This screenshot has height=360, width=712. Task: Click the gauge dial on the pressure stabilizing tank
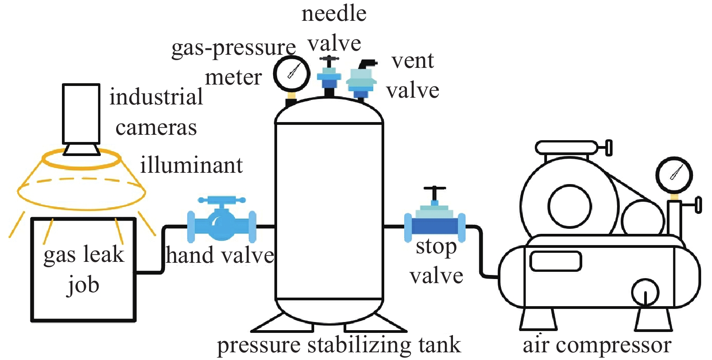(x=292, y=74)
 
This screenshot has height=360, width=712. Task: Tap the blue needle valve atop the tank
(x=329, y=77)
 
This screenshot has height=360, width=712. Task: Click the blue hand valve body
(x=222, y=222)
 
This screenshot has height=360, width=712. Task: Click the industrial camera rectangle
(x=81, y=114)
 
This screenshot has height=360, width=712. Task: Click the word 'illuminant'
(x=191, y=165)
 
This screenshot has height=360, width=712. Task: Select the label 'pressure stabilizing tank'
(x=339, y=346)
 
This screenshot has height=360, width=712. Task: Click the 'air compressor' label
(x=597, y=346)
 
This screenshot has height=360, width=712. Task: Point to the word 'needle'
(x=334, y=14)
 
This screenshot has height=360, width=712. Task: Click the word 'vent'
(x=412, y=61)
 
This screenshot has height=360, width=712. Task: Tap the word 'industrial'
(x=156, y=97)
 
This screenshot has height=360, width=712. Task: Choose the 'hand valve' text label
(x=220, y=256)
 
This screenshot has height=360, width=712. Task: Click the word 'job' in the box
(x=83, y=285)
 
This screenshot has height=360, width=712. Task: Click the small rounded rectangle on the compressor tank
(x=556, y=261)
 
